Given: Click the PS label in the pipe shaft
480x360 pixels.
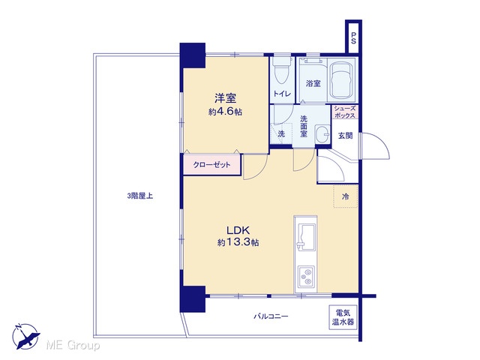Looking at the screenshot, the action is pos(353,38).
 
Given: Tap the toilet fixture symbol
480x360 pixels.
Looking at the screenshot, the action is pos(281,70).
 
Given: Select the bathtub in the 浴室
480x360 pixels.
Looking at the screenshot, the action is pos(341,80).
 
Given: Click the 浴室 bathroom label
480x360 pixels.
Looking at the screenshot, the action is pos(313,83).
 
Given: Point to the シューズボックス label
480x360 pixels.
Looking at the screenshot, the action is pos(345,112).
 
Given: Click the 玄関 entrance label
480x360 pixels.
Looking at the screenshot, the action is pos(345,135).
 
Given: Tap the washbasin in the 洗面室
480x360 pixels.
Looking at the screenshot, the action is pos(322,134).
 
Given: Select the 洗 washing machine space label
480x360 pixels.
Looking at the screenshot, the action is pos(281,133).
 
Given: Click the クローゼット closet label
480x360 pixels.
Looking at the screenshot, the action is pos(211,165).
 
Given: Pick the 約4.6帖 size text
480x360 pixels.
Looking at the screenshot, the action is pos(225,112).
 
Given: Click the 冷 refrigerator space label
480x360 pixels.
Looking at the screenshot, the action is pos(345,196).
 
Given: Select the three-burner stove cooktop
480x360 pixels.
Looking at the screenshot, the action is pos(306,277).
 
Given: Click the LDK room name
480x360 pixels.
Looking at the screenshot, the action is pos(238,230).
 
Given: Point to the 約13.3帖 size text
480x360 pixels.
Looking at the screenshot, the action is pos(238,242).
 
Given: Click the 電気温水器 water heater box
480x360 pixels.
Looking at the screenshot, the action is pos(343,317).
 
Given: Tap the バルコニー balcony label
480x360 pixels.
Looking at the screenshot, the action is pos(271,316).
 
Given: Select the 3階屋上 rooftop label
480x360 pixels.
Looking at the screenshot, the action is pos(140,196).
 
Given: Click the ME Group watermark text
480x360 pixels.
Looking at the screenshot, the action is pos(73,345).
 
